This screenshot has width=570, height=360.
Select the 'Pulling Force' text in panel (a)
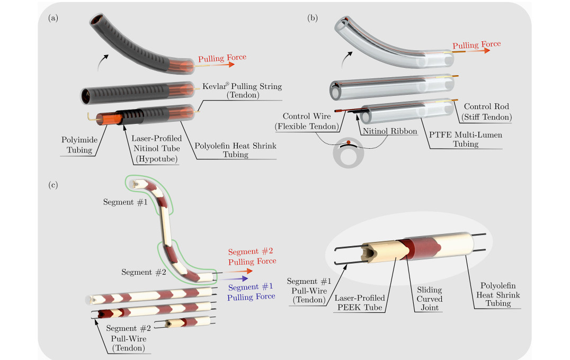(221, 58)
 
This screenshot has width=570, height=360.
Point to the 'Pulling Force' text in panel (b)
(476, 45)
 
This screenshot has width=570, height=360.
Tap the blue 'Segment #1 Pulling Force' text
(251, 292)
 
